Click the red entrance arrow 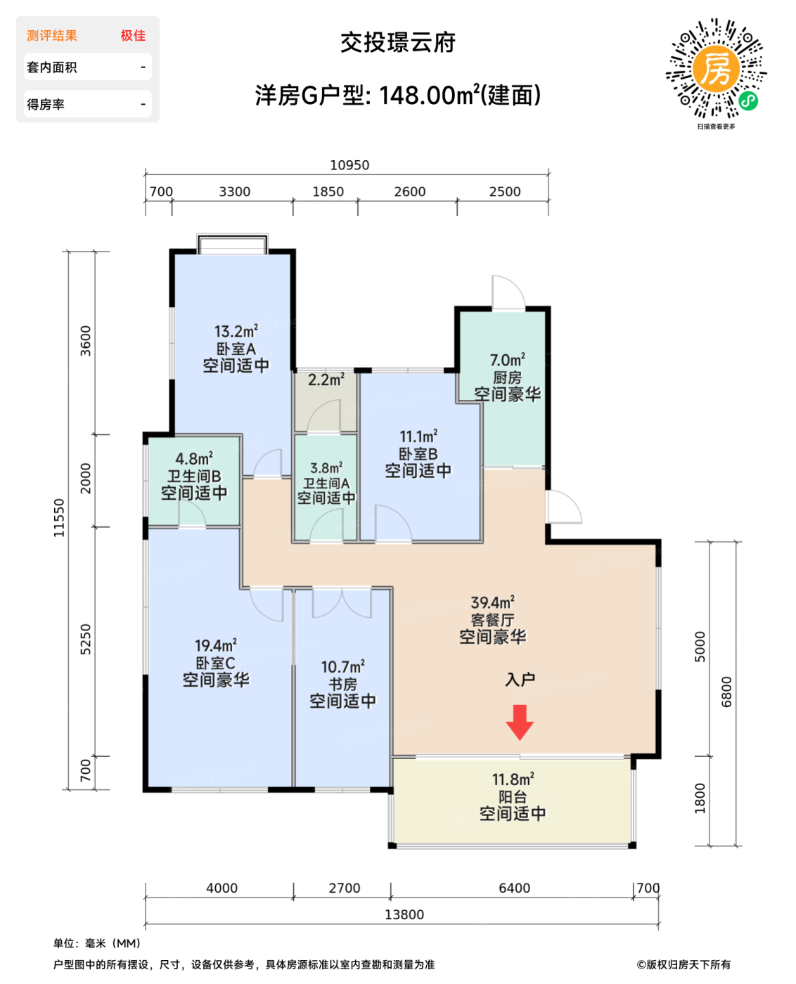(x=520, y=722)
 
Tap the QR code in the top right (x=716, y=69)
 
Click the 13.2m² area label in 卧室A (x=236, y=331)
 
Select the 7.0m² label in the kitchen (x=507, y=360)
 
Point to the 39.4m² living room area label (x=492, y=602)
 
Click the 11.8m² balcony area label (x=513, y=779)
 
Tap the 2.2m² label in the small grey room (x=326, y=380)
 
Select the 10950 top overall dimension (x=349, y=165)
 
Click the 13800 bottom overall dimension (x=404, y=914)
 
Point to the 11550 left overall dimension (x=59, y=518)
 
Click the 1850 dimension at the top (x=328, y=192)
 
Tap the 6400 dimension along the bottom (x=514, y=888)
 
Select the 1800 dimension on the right (x=700, y=798)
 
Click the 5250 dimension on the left (x=86, y=640)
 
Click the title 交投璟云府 (x=398, y=43)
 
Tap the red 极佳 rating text (x=132, y=36)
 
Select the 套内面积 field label (x=52, y=67)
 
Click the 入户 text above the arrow (x=520, y=680)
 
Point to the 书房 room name (x=342, y=684)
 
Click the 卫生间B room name (x=194, y=476)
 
